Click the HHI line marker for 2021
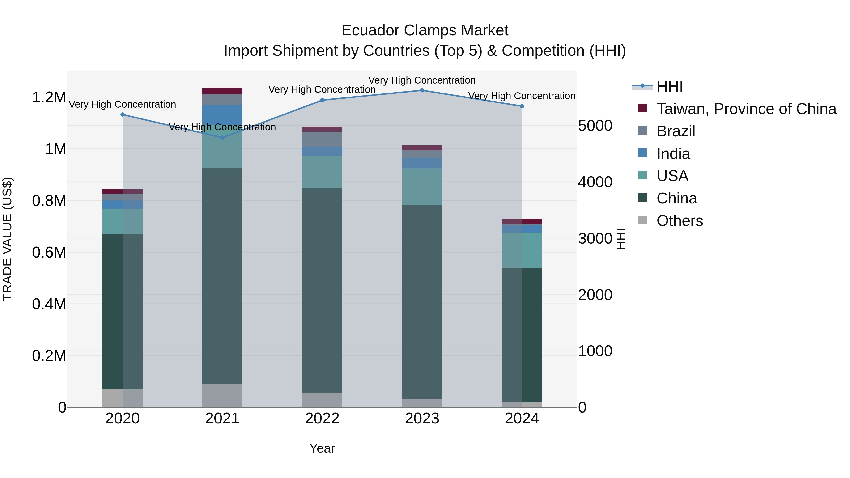point(222,138)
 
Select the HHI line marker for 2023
point(422,90)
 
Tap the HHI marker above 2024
point(522,106)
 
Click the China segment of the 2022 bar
point(322,290)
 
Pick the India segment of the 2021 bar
point(222,115)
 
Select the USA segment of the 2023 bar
point(422,187)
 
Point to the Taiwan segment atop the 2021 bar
point(222,91)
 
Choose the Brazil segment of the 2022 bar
point(322,139)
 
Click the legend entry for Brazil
point(676,131)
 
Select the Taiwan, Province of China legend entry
point(746,109)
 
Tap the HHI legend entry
point(669,86)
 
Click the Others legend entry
point(679,221)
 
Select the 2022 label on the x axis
point(322,419)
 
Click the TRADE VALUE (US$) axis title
point(7,239)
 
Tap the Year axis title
point(322,448)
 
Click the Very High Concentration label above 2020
point(122,104)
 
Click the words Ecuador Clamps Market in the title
point(425,30)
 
